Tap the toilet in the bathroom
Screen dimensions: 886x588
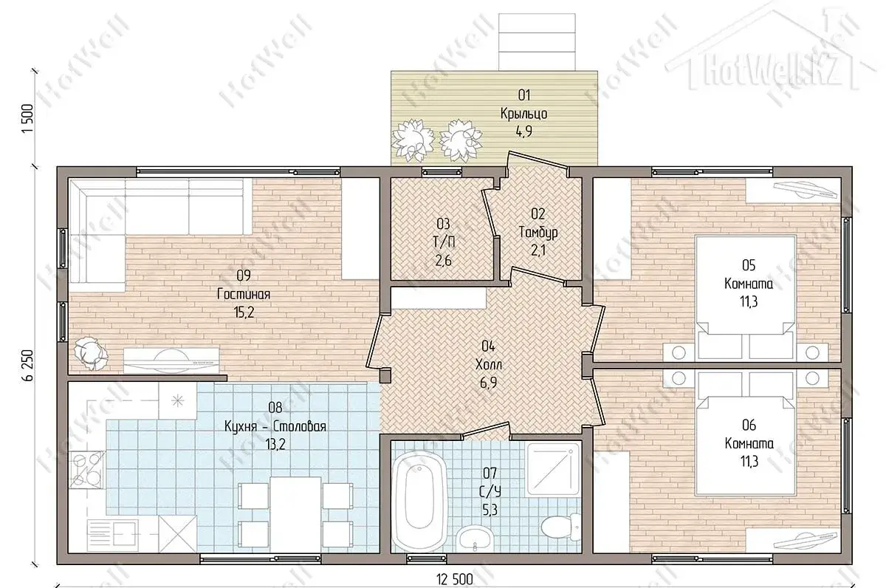(x=561, y=526)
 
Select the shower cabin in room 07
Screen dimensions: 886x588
(x=553, y=469)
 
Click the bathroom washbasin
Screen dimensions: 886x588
(x=474, y=539)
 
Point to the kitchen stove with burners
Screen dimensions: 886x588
(x=86, y=471)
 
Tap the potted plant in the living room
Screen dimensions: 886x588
(x=91, y=353)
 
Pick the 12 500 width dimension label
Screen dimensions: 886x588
(x=455, y=580)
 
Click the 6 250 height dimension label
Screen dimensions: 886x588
(x=28, y=365)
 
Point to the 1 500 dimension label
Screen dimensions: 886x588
(x=28, y=119)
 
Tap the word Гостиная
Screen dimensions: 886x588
(x=244, y=295)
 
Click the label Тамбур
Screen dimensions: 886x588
(x=538, y=232)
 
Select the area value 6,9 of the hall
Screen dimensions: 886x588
(x=489, y=383)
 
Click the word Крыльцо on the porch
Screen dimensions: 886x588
(x=524, y=114)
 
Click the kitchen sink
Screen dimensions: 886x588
(x=113, y=533)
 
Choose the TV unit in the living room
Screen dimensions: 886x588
(x=171, y=360)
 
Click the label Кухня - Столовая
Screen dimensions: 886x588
(x=275, y=427)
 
